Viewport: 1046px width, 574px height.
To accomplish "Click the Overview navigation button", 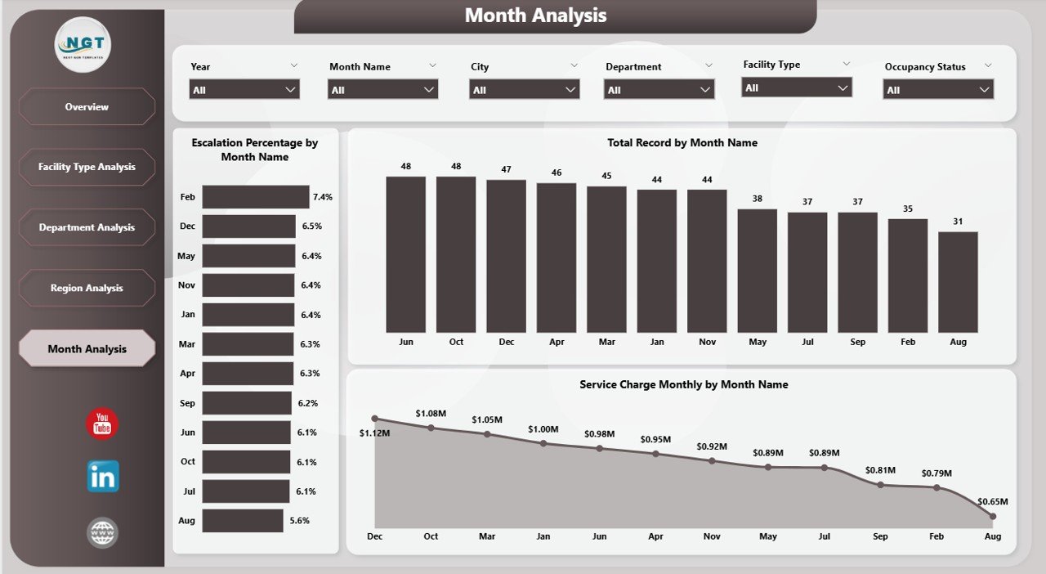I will click(87, 107).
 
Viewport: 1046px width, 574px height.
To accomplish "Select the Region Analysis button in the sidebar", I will click(87, 288).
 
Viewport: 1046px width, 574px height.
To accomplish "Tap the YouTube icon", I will click(102, 424).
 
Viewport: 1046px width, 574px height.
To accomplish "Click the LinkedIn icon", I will click(103, 476).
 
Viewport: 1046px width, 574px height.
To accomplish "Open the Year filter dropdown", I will click(244, 90).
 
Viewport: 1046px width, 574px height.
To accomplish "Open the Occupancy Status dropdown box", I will click(938, 90).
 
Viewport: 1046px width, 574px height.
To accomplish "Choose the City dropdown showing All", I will click(524, 90).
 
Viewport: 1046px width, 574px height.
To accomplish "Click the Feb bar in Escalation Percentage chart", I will click(256, 197).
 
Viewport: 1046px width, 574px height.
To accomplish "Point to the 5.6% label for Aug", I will click(300, 520).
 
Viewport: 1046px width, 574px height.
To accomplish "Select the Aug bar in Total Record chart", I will click(958, 281).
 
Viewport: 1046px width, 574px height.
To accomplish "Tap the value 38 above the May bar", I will click(758, 199).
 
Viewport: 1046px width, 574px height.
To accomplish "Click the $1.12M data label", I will click(374, 433).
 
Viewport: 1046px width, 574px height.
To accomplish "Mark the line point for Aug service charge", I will click(993, 516).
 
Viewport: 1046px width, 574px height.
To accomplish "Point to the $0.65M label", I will click(992, 501).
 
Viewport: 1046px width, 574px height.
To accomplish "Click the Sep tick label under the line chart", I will click(880, 536).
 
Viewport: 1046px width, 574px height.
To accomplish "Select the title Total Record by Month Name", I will click(682, 143).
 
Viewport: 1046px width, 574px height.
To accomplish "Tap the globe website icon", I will click(103, 533).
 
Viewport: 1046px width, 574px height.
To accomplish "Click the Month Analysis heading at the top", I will click(535, 16).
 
